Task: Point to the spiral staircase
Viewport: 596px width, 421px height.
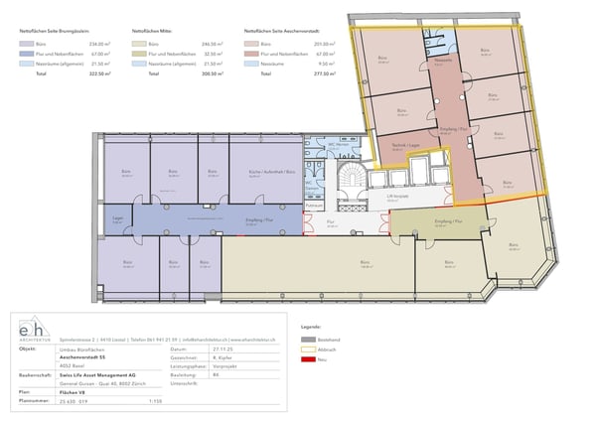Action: click(352, 179)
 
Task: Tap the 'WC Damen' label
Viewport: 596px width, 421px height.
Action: click(310, 184)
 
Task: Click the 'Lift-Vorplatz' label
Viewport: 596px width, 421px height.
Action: click(398, 196)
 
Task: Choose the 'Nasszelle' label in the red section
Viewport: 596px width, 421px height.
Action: click(442, 61)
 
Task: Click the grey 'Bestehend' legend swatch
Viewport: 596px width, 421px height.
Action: click(310, 339)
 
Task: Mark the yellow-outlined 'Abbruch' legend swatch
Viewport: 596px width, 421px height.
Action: click(310, 351)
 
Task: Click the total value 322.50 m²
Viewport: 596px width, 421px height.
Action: click(99, 73)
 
